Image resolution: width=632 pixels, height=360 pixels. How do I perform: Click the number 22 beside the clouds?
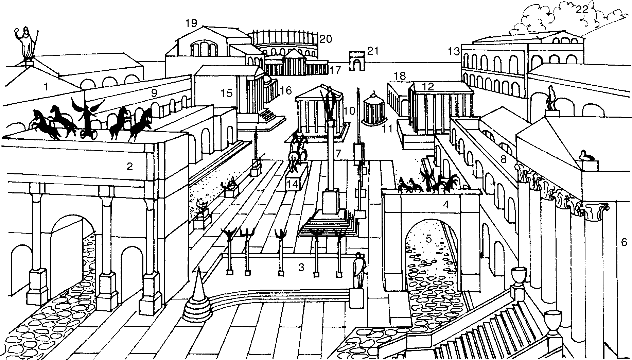point(582,10)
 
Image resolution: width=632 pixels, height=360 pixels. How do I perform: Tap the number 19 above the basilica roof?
point(191,23)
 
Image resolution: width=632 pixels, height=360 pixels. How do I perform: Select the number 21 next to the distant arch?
point(372,51)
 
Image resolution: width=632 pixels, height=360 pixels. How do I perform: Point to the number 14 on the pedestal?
point(293,185)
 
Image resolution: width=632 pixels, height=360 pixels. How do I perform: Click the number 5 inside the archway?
point(429,239)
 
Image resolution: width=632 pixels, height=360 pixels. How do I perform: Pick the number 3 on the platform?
point(301,268)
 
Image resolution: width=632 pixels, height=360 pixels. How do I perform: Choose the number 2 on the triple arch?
point(129,167)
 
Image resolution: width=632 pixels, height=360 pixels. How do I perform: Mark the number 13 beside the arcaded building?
point(454,52)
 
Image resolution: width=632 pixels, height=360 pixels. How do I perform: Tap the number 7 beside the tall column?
point(338,153)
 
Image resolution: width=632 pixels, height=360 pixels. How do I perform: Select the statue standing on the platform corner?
point(358,270)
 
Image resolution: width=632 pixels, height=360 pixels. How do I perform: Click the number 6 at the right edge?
point(624,242)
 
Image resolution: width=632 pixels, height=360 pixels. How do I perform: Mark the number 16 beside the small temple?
point(286,90)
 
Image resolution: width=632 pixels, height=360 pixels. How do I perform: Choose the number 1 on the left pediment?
point(46,87)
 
